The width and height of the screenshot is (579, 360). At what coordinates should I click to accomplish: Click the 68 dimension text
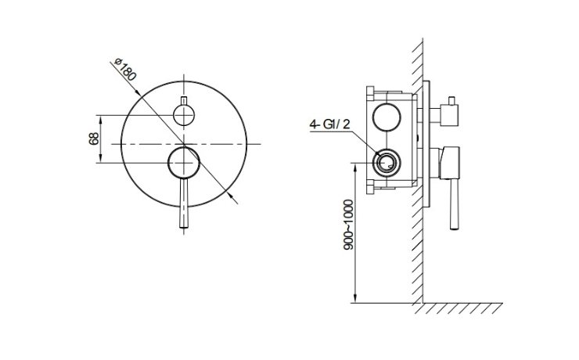click(x=94, y=139)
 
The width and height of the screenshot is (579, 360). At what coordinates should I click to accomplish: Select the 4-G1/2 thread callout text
click(x=329, y=124)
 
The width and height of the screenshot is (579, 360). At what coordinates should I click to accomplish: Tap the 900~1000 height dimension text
click(x=348, y=225)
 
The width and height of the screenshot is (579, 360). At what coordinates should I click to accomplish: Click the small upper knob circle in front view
click(x=184, y=115)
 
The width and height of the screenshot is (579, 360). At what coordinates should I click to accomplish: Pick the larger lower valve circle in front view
click(x=184, y=163)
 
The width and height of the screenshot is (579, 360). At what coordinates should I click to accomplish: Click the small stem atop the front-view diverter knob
click(x=184, y=101)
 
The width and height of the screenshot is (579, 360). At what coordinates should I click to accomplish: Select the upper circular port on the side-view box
click(x=387, y=117)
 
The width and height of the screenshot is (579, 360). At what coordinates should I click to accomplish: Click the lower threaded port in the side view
click(x=387, y=163)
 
